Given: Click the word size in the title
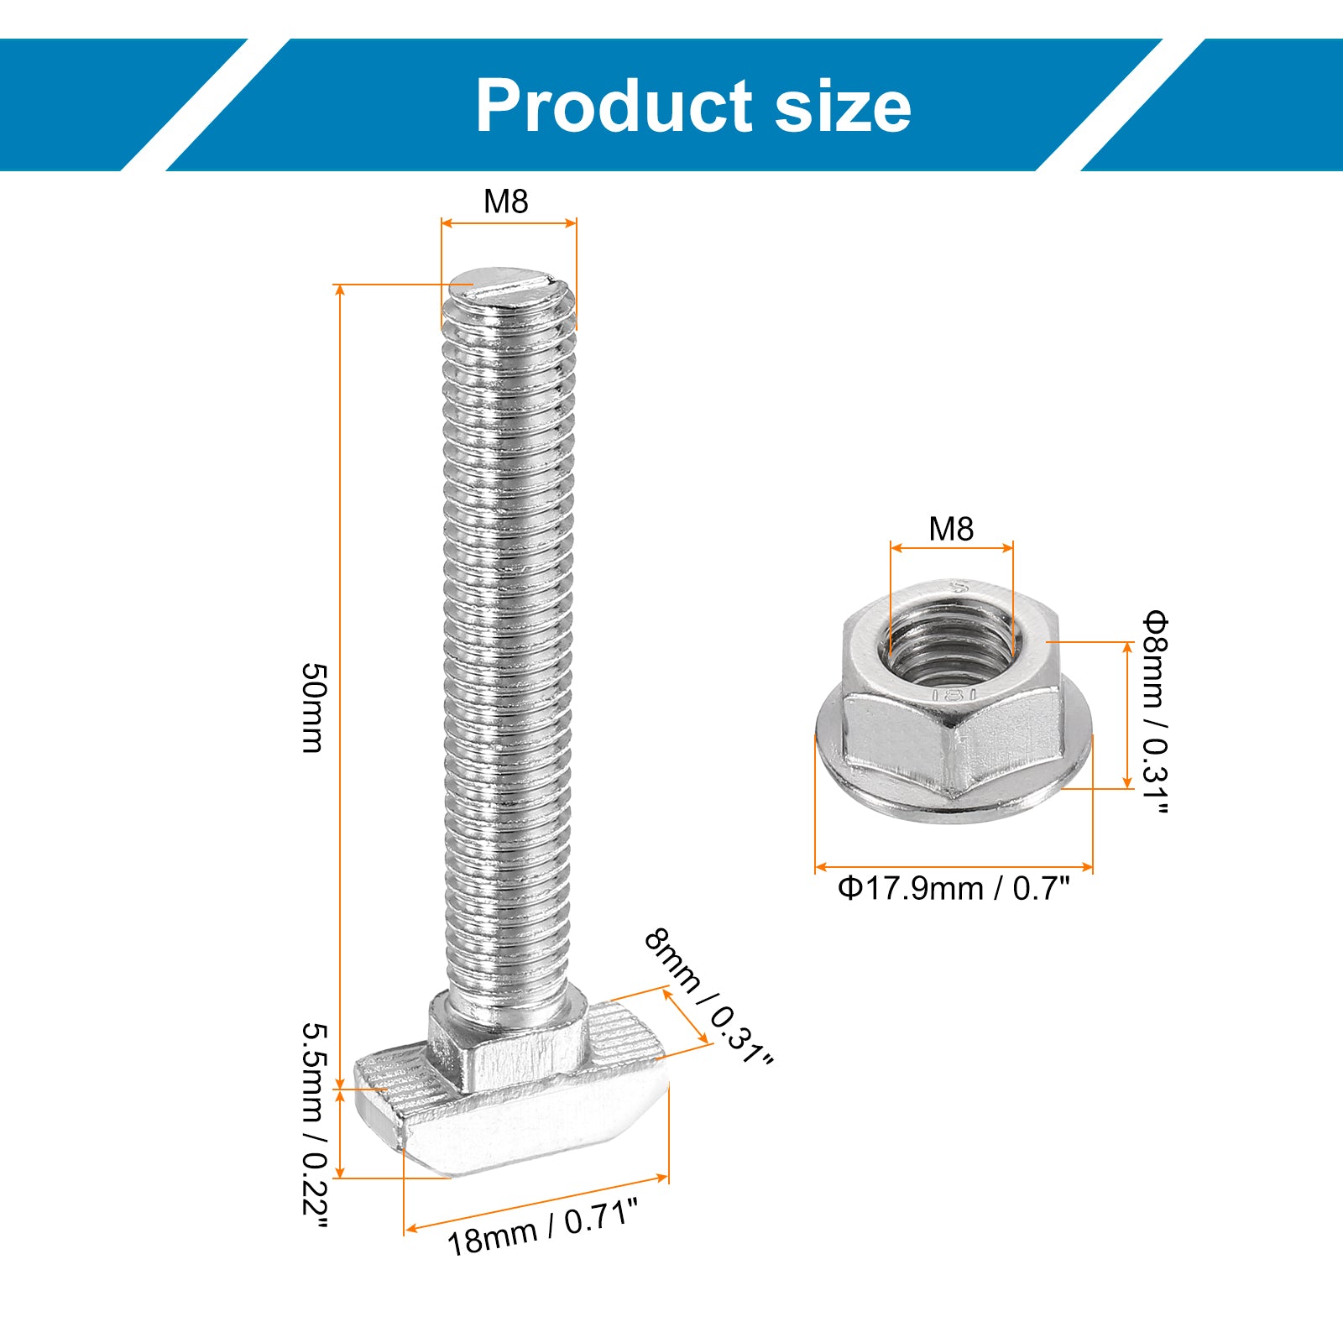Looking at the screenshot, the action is tap(843, 106).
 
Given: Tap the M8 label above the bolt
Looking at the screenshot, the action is tap(506, 201).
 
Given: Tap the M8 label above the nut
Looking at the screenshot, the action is tap(951, 529).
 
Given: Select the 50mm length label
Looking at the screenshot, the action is tap(313, 708).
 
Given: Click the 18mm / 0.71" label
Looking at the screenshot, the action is tap(542, 1226).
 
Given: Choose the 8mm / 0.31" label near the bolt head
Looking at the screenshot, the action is tap(708, 996).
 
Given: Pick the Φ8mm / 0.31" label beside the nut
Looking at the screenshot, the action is tap(1154, 713).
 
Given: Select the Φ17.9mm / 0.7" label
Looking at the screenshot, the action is tap(954, 888).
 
